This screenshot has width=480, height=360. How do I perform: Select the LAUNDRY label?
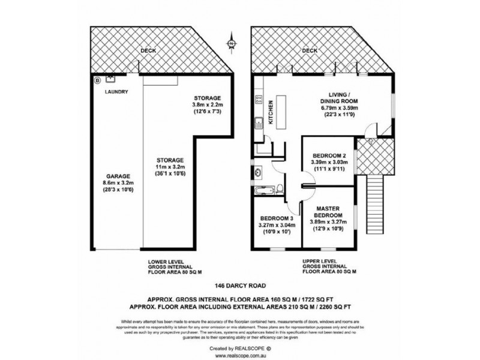click(x=115, y=92)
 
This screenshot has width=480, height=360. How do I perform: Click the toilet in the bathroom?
click(x=280, y=190)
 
